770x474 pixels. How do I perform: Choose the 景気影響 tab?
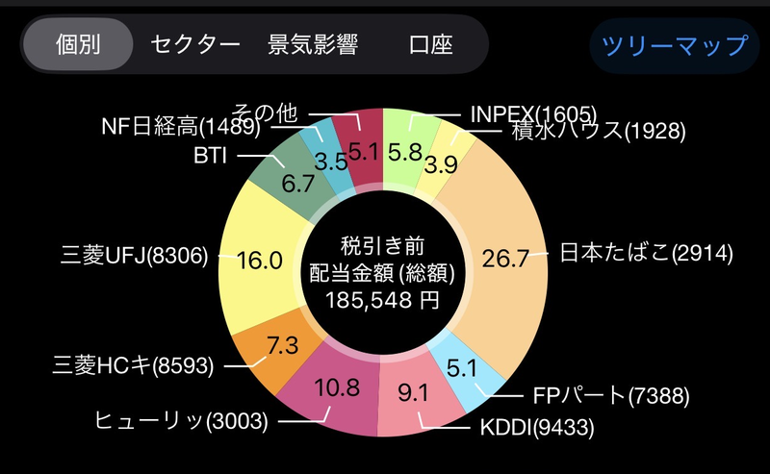pyautogui.click(x=313, y=44)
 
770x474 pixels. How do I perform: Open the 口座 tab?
pyautogui.click(x=430, y=44)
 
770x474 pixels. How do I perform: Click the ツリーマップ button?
pyautogui.click(x=675, y=45)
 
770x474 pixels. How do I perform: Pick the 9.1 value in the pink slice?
pyautogui.click(x=416, y=392)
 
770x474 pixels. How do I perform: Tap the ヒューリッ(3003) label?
pyautogui.click(x=181, y=420)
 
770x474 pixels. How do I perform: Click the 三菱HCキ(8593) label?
pyautogui.click(x=134, y=365)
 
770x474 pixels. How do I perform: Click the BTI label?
pyautogui.click(x=210, y=156)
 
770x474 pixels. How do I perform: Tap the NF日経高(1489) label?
pyautogui.click(x=177, y=126)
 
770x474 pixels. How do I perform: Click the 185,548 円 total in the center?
pyautogui.click(x=383, y=299)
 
